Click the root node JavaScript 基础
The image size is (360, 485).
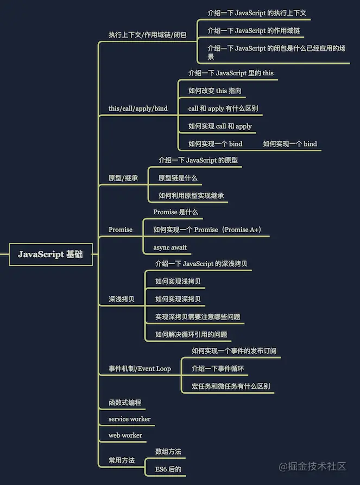point(50,254)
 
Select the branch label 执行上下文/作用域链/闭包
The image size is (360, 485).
point(147,35)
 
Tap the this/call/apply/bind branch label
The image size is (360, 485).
point(138,109)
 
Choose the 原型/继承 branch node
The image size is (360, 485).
point(123,177)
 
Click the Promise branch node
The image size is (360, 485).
point(121,229)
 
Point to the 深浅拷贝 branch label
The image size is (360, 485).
point(122,298)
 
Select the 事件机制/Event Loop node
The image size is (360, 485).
point(140,368)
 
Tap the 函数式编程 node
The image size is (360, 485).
point(125,403)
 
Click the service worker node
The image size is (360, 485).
point(129,419)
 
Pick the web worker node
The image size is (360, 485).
point(125,435)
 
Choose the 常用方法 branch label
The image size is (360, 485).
point(122,460)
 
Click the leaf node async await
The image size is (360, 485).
point(170,247)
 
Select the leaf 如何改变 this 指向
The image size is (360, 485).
point(215,91)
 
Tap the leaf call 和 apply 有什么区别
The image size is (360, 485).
point(223,109)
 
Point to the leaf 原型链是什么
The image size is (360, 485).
point(178,177)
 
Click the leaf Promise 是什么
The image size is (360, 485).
point(175,212)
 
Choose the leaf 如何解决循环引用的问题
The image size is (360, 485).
point(191,334)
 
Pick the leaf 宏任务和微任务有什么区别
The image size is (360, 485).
point(231,386)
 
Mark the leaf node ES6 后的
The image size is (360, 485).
point(168,469)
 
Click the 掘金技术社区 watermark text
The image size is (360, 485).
point(313,467)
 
